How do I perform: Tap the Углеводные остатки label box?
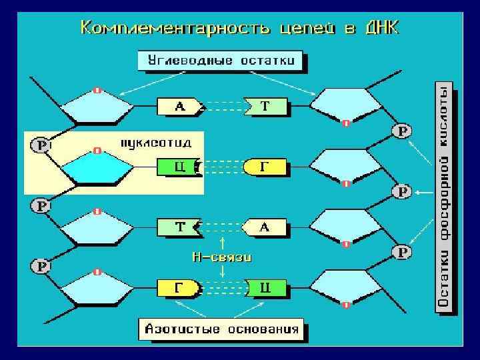pyautogui.click(x=221, y=61)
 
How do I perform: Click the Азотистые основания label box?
pyautogui.click(x=222, y=329)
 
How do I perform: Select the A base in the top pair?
pyautogui.click(x=179, y=105)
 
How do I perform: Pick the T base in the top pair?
pyautogui.click(x=266, y=106)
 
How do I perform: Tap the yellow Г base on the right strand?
pyautogui.click(x=265, y=167)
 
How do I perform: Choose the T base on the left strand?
pyautogui.click(x=179, y=227)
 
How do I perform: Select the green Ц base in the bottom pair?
pyautogui.click(x=266, y=288)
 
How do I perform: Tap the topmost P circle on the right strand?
pyautogui.click(x=402, y=131)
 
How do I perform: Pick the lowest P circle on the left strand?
pyautogui.click(x=41, y=266)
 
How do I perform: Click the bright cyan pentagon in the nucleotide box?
pyautogui.click(x=97, y=170)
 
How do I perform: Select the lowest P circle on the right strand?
pyautogui.click(x=402, y=251)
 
